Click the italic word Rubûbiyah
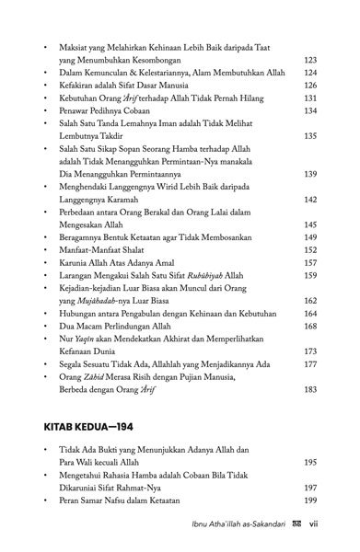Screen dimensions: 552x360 tap(190, 273)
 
